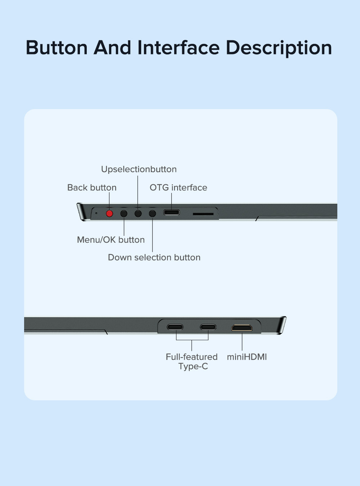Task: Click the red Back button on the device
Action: click(x=109, y=213)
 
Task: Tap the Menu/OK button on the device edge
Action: click(x=124, y=213)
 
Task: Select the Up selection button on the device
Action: click(x=138, y=213)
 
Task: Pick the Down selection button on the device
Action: click(x=153, y=213)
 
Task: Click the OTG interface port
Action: click(x=172, y=212)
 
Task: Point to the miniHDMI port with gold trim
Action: click(x=242, y=328)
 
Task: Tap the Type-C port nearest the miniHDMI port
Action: click(x=208, y=327)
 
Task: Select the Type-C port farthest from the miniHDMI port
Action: click(x=175, y=327)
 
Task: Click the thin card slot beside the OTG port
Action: click(x=203, y=214)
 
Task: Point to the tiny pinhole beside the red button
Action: click(x=96, y=213)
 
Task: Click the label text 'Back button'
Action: click(x=92, y=188)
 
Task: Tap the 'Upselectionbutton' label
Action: click(x=139, y=169)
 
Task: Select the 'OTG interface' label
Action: click(x=178, y=188)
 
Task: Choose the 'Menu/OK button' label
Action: click(x=111, y=240)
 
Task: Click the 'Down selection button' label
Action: click(x=154, y=257)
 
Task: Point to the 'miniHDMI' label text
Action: click(x=247, y=357)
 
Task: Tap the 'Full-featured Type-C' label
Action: click(x=192, y=361)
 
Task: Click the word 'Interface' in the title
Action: click(x=179, y=48)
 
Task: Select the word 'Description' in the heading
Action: click(x=279, y=49)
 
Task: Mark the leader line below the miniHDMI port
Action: click(x=242, y=342)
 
